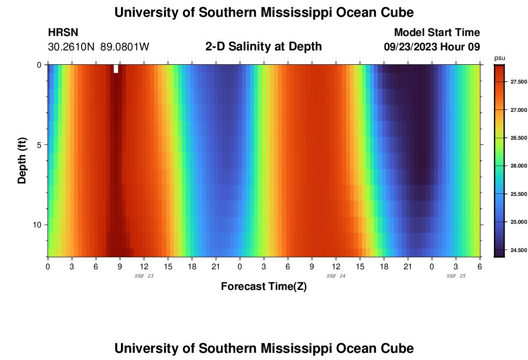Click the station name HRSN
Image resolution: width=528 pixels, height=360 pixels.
(63, 33)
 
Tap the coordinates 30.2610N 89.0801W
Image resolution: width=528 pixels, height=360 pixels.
(99, 47)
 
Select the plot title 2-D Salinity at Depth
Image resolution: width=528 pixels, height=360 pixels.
(264, 47)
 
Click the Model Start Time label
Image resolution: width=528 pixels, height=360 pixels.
(436, 33)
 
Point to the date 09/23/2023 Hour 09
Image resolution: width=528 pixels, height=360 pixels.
(432, 47)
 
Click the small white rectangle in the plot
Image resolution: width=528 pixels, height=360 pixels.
(116, 69)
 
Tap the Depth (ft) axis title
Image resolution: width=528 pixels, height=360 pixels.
(22, 161)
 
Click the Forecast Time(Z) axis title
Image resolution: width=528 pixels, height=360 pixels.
(264, 287)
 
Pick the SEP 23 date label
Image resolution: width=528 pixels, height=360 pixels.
(144, 276)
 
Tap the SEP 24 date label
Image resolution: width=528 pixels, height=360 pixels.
(336, 276)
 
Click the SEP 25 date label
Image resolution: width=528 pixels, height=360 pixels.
(456, 276)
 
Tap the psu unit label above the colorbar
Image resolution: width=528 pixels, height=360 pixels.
(499, 58)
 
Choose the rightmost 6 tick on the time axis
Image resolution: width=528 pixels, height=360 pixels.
(480, 265)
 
